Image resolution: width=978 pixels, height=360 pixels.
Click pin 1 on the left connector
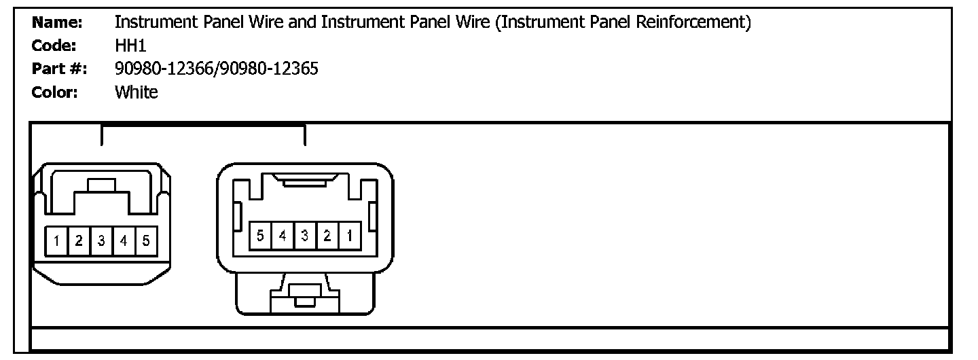click(x=58, y=240)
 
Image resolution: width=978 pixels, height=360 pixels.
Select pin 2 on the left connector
click(x=79, y=240)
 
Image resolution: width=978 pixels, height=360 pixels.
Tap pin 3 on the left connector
click(x=101, y=240)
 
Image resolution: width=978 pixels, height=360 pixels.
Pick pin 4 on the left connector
click(x=124, y=240)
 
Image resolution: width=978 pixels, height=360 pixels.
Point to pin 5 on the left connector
click(x=146, y=240)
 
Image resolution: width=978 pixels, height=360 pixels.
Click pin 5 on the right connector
click(x=260, y=236)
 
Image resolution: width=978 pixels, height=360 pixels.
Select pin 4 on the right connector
click(x=283, y=236)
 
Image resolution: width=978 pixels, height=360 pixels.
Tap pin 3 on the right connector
click(x=305, y=236)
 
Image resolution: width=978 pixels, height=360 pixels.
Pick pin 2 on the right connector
click(x=327, y=236)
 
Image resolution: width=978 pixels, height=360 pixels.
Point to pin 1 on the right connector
click(x=349, y=236)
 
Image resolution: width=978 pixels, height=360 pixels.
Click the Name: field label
click(x=57, y=23)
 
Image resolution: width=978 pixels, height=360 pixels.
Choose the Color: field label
click(x=55, y=92)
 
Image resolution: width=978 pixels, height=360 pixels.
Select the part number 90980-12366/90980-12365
click(x=217, y=69)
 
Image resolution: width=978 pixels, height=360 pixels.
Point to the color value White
click(x=136, y=92)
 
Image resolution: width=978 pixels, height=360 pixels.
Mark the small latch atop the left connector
click(x=101, y=185)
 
